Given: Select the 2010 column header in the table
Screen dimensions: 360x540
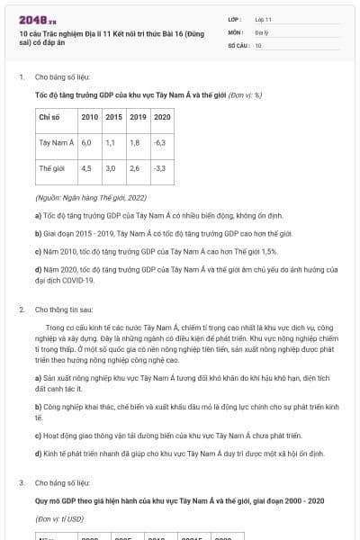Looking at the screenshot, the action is point(90,117).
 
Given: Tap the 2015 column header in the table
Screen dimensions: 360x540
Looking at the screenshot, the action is point(114,117).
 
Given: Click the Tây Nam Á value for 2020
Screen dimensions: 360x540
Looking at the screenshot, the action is point(160,142).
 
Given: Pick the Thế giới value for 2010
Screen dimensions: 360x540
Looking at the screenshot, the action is point(86,168).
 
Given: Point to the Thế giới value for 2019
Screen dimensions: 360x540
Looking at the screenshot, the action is point(134,168).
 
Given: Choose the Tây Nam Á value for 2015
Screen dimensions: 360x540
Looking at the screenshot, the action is point(110,142).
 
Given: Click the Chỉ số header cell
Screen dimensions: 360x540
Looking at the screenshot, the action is point(49,117).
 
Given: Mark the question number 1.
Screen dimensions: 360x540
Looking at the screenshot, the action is point(21,77).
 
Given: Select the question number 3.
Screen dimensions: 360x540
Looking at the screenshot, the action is point(21,483).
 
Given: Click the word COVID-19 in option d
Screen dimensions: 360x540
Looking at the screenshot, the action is point(79,280).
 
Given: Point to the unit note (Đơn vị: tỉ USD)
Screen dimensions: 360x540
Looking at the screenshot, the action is point(59,519).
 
